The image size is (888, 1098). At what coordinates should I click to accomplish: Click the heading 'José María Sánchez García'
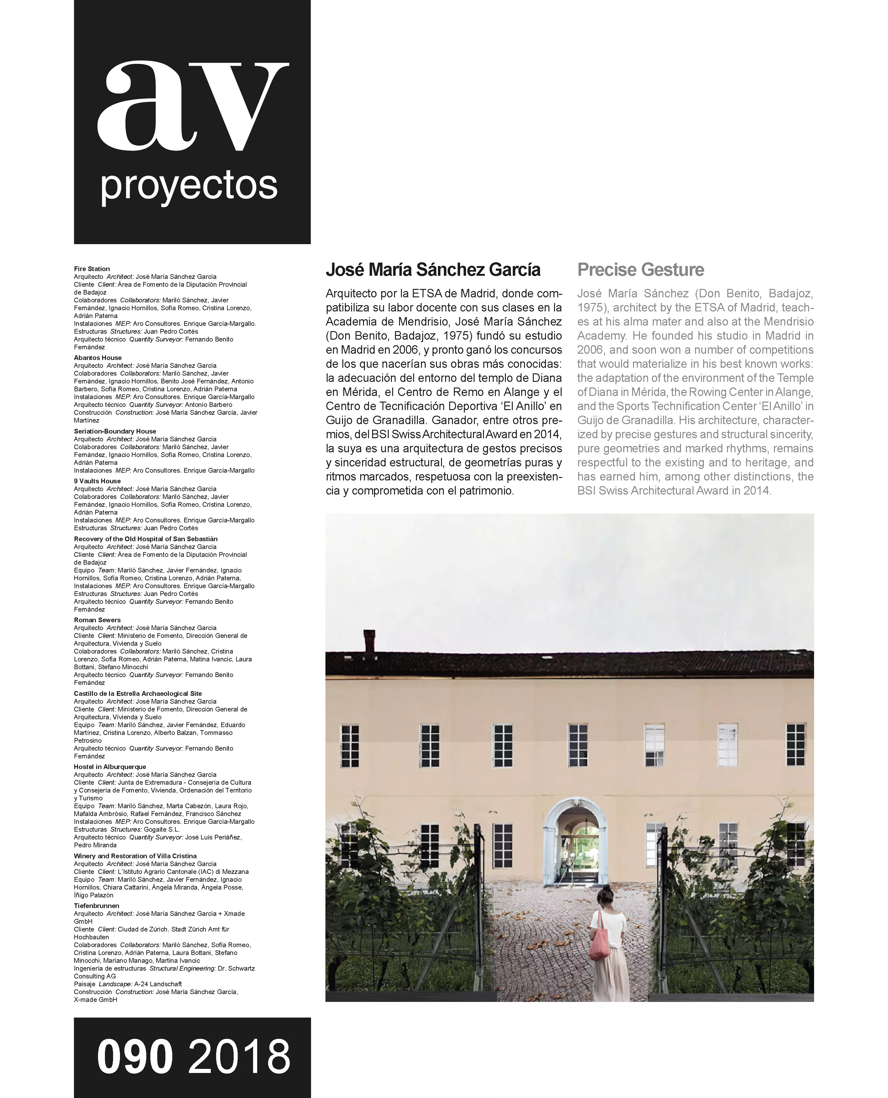(x=433, y=269)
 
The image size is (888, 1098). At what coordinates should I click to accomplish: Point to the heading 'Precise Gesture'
(x=641, y=269)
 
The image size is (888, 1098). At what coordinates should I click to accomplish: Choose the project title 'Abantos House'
(x=98, y=358)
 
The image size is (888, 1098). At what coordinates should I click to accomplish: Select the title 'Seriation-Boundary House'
(x=115, y=431)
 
